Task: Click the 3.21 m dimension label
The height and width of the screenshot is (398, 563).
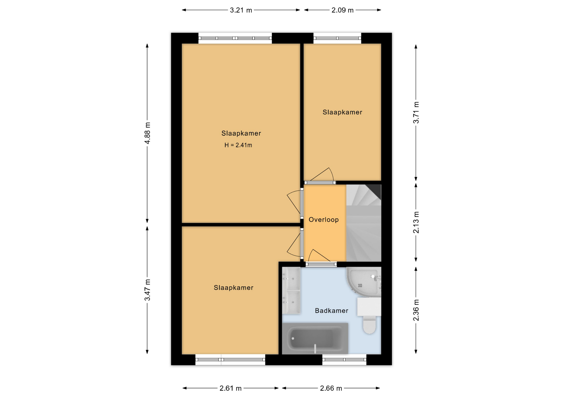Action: pyautogui.click(x=241, y=10)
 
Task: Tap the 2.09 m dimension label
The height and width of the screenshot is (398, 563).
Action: pyautogui.click(x=342, y=10)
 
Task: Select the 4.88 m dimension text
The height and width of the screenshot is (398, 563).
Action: pyautogui.click(x=147, y=133)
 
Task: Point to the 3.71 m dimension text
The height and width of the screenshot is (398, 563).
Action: pyautogui.click(x=416, y=113)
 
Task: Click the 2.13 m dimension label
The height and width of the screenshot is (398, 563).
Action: pyautogui.click(x=416, y=222)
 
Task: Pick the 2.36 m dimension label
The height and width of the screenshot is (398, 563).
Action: pyautogui.click(x=416, y=310)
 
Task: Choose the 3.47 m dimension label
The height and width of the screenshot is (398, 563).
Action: pyautogui.click(x=147, y=290)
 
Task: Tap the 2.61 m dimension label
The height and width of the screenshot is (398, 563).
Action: pyautogui.click(x=230, y=388)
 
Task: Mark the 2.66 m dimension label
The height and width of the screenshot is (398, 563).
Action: pyautogui.click(x=331, y=388)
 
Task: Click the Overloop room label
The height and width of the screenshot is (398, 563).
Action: pyautogui.click(x=324, y=220)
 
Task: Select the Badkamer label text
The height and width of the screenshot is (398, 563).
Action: pyautogui.click(x=332, y=311)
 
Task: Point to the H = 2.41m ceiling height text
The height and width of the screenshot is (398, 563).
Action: pyautogui.click(x=238, y=145)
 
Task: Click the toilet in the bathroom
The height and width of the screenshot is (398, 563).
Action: pyautogui.click(x=369, y=316)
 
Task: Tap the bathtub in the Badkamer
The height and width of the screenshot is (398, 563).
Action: pyautogui.click(x=315, y=339)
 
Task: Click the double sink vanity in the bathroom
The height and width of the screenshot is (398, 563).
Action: pyautogui.click(x=291, y=290)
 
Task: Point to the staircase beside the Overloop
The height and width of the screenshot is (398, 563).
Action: pyautogui.click(x=364, y=223)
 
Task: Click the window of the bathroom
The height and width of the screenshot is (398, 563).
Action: pyautogui.click(x=344, y=360)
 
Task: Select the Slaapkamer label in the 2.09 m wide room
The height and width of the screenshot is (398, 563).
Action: pyautogui.click(x=342, y=112)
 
